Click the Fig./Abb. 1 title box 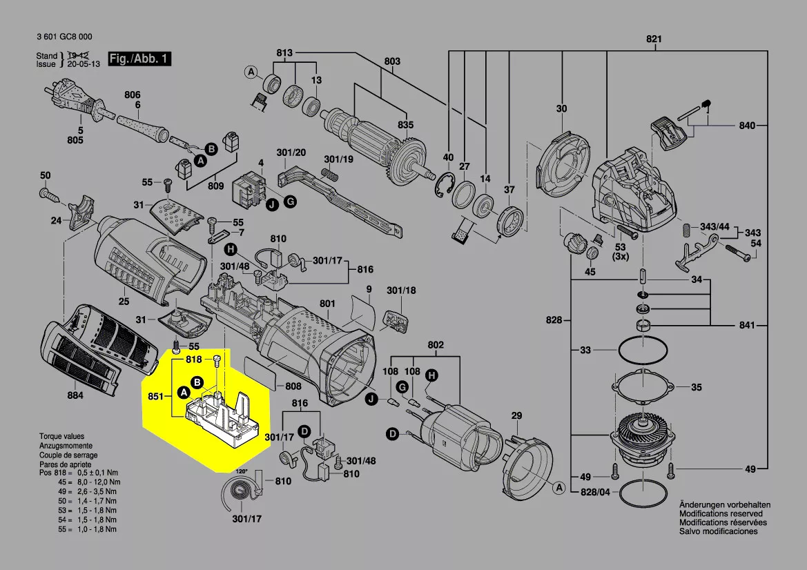pyautogui.click(x=139, y=59)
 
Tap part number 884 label pyautogui.click(x=75, y=395)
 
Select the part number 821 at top pyautogui.click(x=653, y=39)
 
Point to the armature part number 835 pyautogui.click(x=405, y=125)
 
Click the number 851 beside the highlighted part pyautogui.click(x=156, y=397)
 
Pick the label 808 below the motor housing pyautogui.click(x=293, y=386)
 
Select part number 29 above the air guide pyautogui.click(x=516, y=415)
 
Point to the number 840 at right pyautogui.click(x=746, y=126)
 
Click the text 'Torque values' pyautogui.click(x=61, y=437)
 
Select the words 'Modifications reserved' pyautogui.click(x=721, y=514)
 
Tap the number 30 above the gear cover pyautogui.click(x=561, y=109)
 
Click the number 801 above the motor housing pyautogui.click(x=327, y=304)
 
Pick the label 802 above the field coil pyautogui.click(x=436, y=344)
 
